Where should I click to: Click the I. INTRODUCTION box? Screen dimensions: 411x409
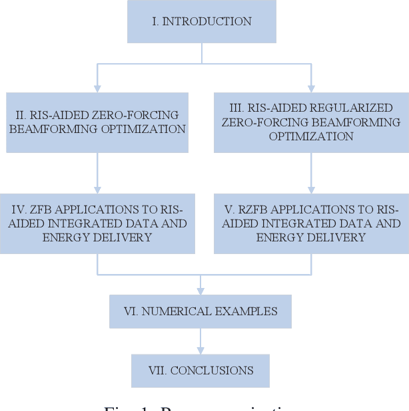pos(201,21)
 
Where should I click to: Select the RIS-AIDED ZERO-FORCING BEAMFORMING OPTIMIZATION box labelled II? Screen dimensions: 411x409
pos(97,122)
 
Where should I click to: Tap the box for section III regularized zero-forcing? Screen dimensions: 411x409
pos(311,122)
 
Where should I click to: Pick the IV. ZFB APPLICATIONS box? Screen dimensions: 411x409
pos(97,223)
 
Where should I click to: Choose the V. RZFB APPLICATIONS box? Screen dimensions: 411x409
pos(311,223)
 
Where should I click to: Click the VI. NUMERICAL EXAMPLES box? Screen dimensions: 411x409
pos(200,311)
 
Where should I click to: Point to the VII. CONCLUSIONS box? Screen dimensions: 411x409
pos(200,370)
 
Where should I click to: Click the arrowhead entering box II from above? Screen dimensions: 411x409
pos(97,87)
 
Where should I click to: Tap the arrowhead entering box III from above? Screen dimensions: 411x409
pos(311,87)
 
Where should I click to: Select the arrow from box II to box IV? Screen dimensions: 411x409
pos(97,173)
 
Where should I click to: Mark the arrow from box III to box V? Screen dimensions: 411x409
pos(311,173)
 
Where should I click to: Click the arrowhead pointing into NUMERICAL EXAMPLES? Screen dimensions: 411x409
pos(200,291)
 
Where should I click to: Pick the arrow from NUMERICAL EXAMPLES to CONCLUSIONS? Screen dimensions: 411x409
pos(200,341)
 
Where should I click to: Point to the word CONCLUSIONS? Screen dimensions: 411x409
pos(212,370)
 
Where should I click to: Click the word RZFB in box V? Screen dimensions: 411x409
pos(250,209)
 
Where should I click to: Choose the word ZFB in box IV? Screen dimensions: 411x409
pos(36,209)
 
